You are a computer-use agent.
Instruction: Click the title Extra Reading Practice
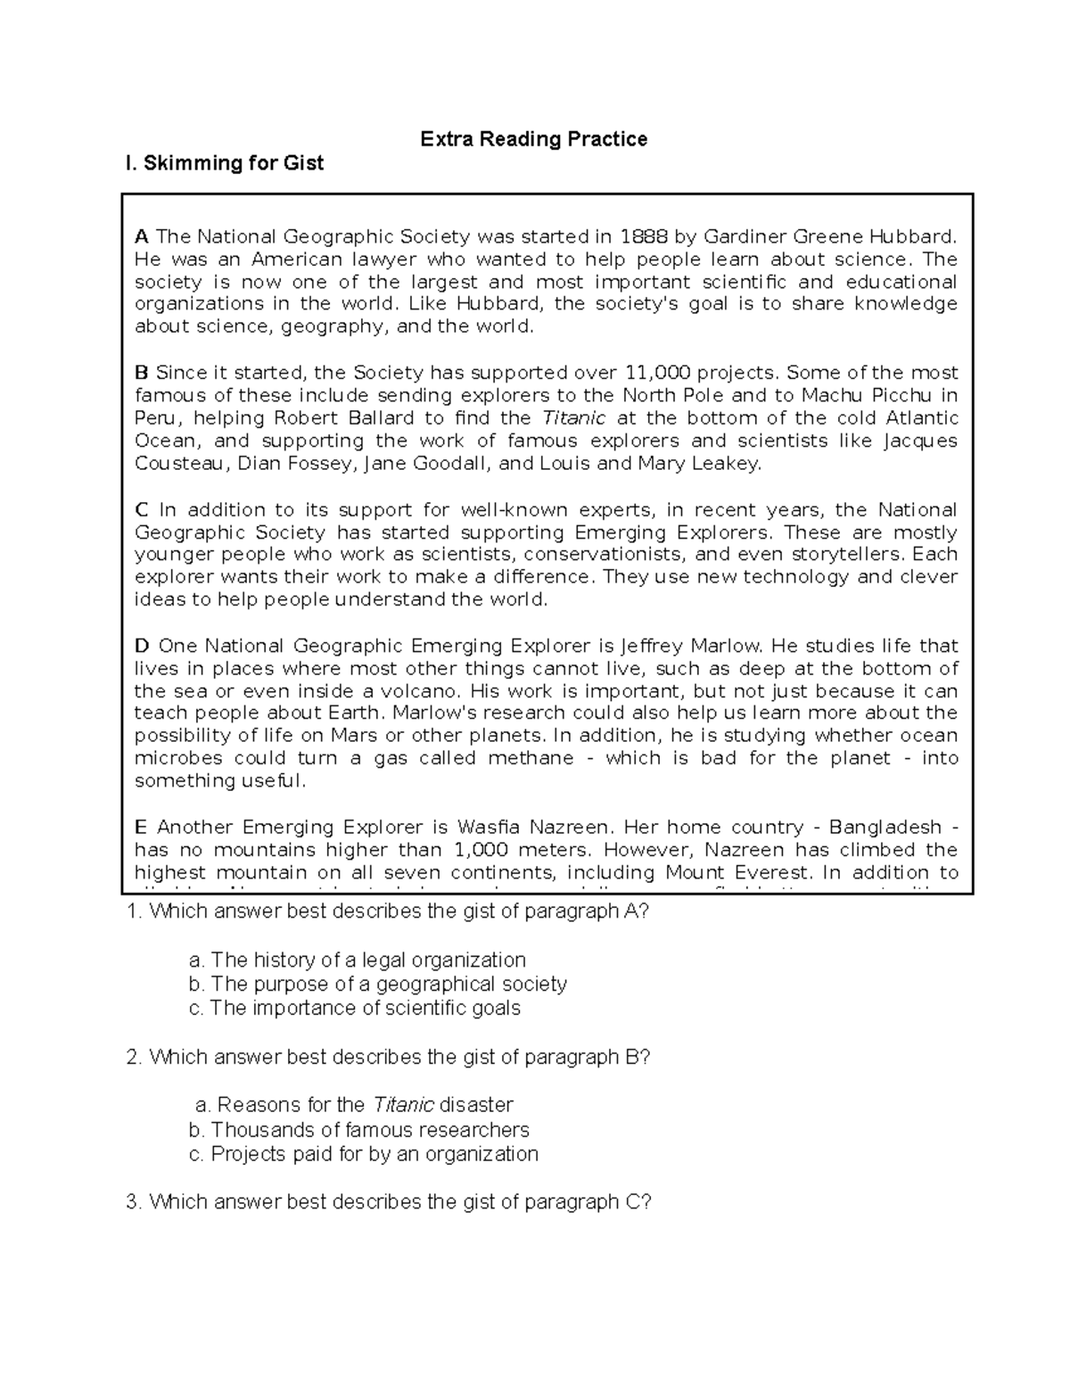533,139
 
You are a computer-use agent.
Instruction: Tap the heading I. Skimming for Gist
225,163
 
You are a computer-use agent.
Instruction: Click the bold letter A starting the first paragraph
141,237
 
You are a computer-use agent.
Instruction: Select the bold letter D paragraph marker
141,646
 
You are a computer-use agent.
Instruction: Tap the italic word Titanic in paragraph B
573,418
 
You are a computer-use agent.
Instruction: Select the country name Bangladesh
885,827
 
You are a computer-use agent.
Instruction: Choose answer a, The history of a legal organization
358,960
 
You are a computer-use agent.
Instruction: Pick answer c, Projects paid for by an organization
364,1154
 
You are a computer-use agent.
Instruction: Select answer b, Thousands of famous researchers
359,1130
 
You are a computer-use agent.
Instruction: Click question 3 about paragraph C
389,1202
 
